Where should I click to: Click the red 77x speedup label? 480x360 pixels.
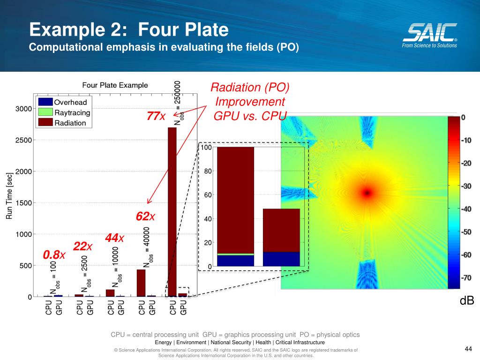pyautogui.click(x=156, y=116)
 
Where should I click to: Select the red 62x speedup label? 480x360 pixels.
pyautogui.click(x=145, y=217)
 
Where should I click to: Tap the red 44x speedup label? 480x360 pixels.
pyautogui.click(x=114, y=238)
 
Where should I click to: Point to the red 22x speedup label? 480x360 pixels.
pyautogui.click(x=83, y=247)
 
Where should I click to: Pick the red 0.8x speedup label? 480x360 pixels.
pyautogui.click(x=54, y=255)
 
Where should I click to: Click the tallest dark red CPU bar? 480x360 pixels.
pyautogui.click(x=172, y=211)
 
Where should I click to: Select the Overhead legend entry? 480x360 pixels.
pyautogui.click(x=70, y=102)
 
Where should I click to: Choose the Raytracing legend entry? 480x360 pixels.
pyautogui.click(x=72, y=112)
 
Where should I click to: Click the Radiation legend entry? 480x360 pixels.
pyautogui.click(x=70, y=123)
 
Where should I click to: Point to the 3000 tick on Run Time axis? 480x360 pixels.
pyautogui.click(x=24, y=109)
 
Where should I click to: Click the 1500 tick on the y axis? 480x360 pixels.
pyautogui.click(x=24, y=203)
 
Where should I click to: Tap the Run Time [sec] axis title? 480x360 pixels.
pyautogui.click(x=9, y=196)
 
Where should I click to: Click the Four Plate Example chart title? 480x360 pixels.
pyautogui.click(x=115, y=85)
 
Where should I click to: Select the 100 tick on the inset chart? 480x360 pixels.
pyautogui.click(x=206, y=148)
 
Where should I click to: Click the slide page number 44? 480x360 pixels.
pyautogui.click(x=468, y=348)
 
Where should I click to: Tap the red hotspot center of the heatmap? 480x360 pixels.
pyautogui.click(x=367, y=192)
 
